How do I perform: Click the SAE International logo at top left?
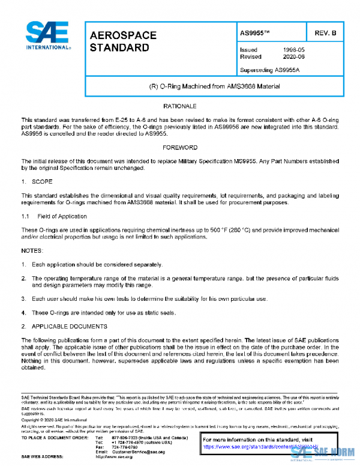click(47, 35)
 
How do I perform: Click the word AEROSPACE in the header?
click(122, 35)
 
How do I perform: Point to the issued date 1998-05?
click(294, 50)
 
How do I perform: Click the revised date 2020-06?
click(294, 56)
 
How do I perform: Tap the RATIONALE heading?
click(180, 106)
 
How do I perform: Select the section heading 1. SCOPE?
click(37, 181)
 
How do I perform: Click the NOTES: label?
click(32, 249)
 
